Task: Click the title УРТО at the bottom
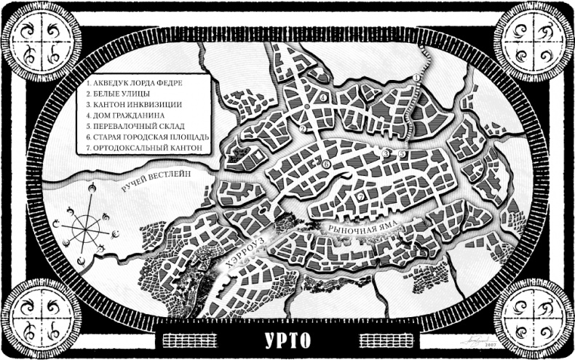click(288, 340)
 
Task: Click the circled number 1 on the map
click(417, 76)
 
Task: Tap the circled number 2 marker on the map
click(300, 129)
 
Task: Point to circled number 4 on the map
click(322, 97)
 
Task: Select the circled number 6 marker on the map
click(326, 165)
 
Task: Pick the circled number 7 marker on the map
click(360, 197)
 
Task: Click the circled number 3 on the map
click(387, 153)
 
